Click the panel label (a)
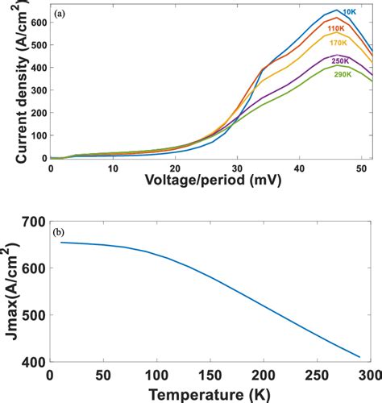tap(60, 15)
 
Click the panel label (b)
tap(60, 234)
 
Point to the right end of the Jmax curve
tap(360, 356)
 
